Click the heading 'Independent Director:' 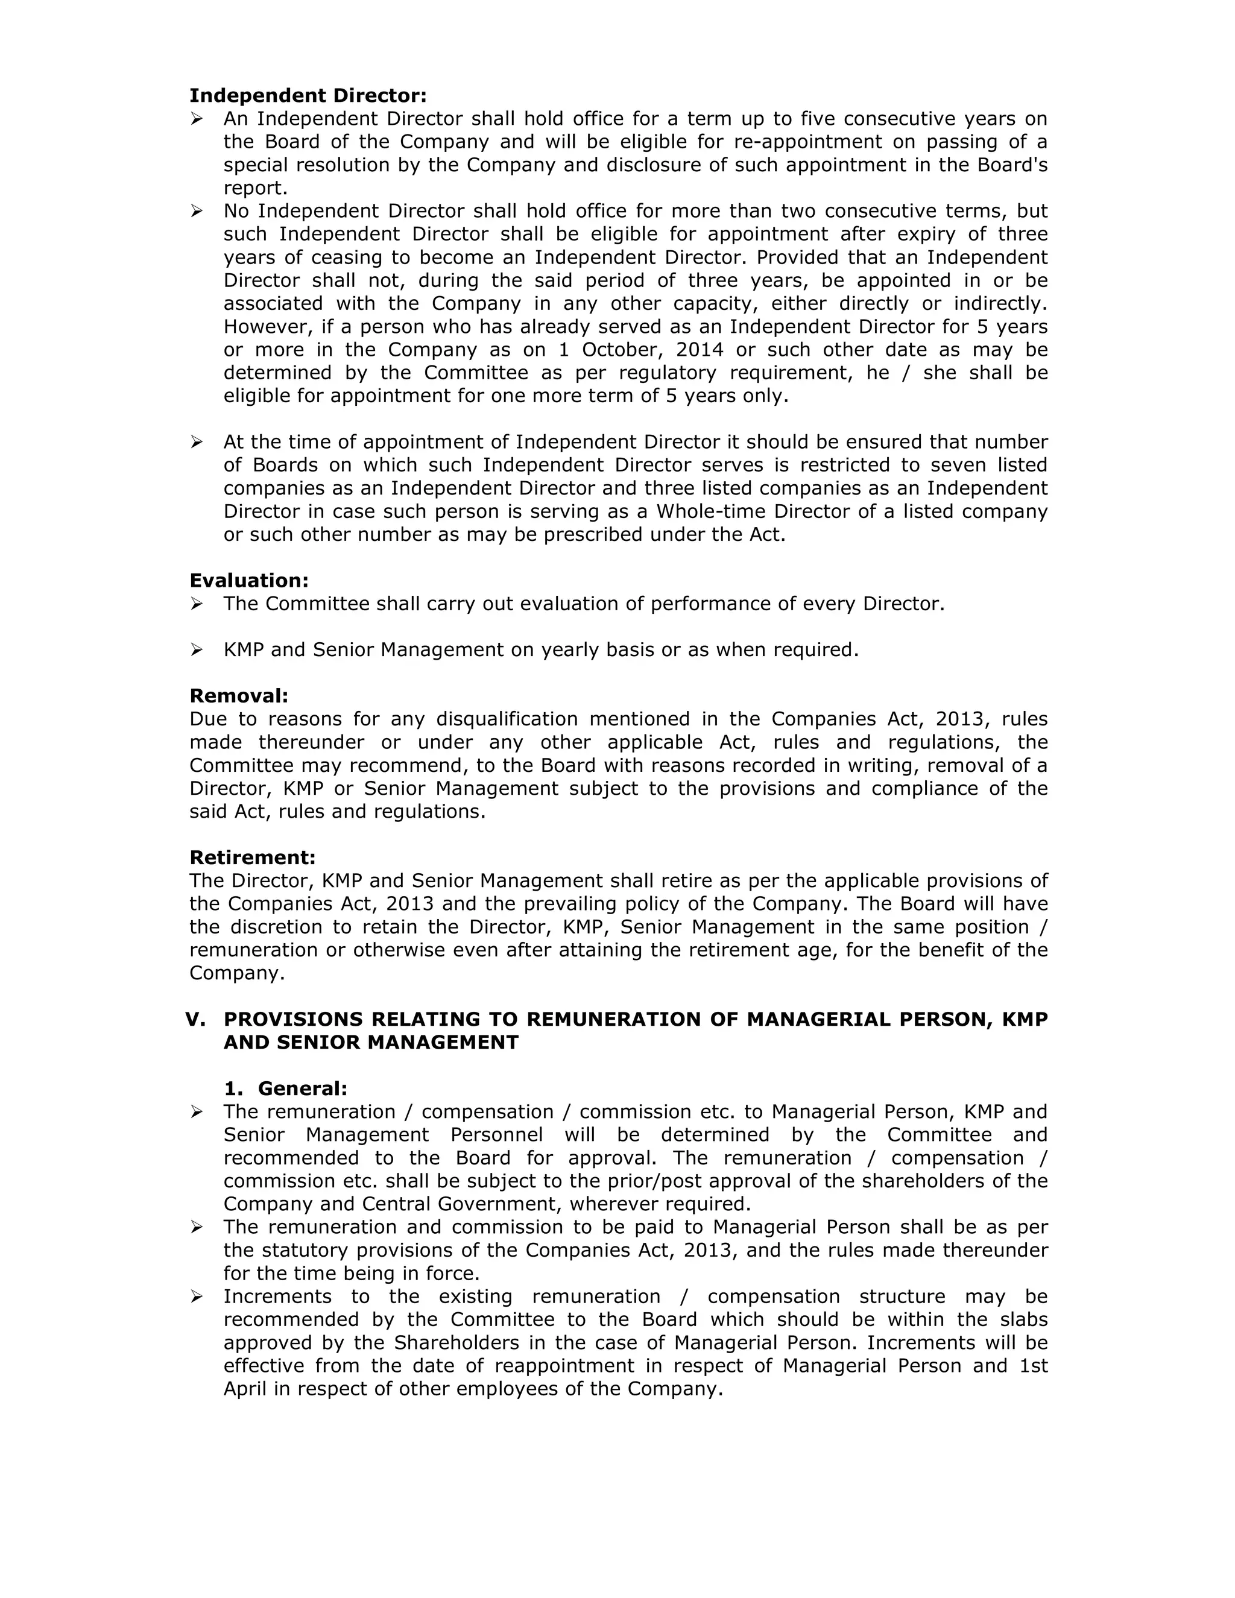coord(308,96)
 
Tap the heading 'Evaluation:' coord(249,580)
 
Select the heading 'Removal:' coord(239,695)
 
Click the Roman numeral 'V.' coord(195,1019)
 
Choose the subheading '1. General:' coord(285,1088)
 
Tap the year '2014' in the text coord(700,350)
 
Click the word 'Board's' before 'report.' coord(1012,165)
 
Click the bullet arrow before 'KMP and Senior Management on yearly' coord(196,649)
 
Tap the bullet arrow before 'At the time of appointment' coord(196,442)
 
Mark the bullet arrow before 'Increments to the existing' coord(196,1296)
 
